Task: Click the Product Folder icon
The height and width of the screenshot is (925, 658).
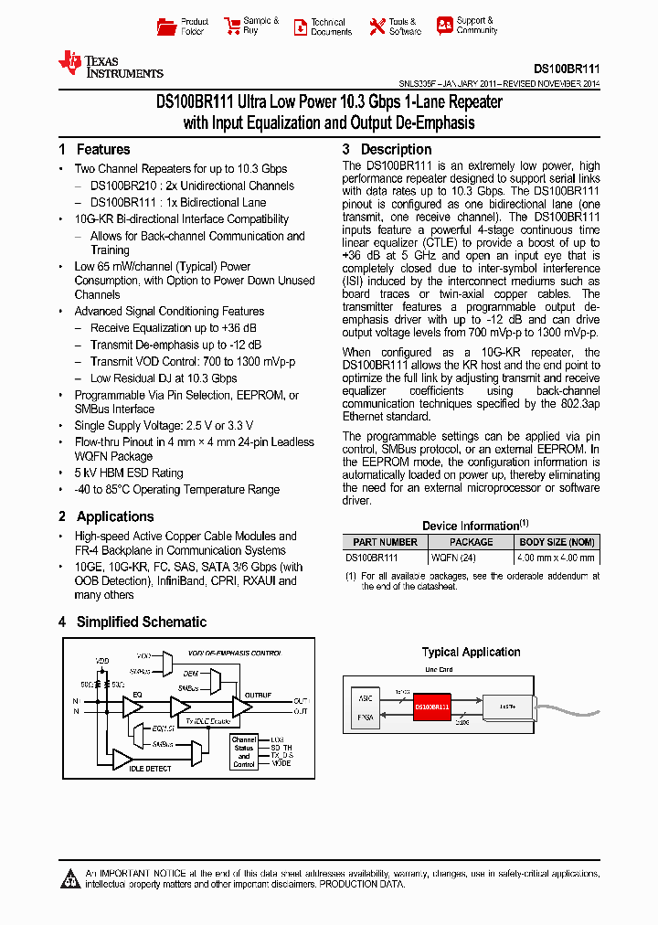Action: (x=166, y=27)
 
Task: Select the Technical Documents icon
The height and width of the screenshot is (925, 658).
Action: (x=301, y=27)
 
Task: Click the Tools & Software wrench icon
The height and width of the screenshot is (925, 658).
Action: (x=377, y=27)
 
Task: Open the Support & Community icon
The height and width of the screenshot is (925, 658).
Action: (x=444, y=26)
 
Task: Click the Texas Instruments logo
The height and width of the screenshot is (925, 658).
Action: (x=111, y=64)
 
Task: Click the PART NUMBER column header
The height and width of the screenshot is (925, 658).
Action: (x=385, y=542)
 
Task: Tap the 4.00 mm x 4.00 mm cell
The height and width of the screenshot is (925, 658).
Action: (x=557, y=557)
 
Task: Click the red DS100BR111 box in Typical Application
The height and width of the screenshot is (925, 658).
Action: (x=432, y=707)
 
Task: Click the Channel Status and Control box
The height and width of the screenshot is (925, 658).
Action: (x=244, y=751)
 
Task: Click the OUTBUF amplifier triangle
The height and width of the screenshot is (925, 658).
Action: (x=241, y=707)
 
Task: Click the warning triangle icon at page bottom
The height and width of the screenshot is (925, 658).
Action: (x=70, y=879)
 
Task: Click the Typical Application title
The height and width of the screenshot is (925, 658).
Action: (x=471, y=652)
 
